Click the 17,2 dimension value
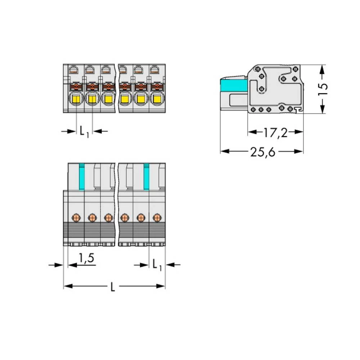pos(275,133)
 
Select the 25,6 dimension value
pos(263,152)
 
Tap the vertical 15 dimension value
pos(323,89)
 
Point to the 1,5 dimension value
pos(86,258)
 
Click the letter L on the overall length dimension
pos(112,287)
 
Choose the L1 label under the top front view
pos(84,132)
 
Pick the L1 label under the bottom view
pos(157,265)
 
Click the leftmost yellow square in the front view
pos(76,99)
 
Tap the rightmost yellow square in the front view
pos(157,99)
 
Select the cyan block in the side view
pos(234,85)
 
